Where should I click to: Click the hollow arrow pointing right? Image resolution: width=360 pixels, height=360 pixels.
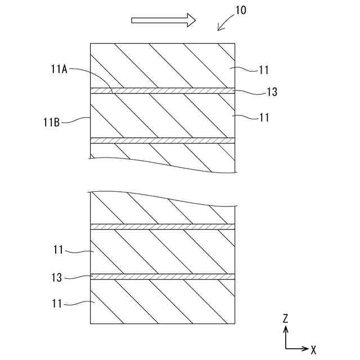(163, 20)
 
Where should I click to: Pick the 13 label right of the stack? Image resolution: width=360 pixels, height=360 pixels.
(271, 92)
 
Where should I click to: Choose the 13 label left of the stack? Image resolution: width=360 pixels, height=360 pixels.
(56, 277)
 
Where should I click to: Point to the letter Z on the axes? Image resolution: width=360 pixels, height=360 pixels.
(286, 319)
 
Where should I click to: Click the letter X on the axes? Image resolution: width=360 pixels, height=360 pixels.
(313, 349)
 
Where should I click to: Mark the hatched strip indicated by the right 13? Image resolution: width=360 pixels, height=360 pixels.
(163, 91)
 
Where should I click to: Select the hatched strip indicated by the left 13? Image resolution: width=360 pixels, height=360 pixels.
(163, 276)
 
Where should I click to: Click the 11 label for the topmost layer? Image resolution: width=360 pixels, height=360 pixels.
(264, 71)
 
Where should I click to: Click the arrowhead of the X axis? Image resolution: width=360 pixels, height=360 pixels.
(305, 348)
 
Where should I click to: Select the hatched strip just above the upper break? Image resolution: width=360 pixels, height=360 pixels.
(163, 141)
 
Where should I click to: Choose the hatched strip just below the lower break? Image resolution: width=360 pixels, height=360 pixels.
(163, 227)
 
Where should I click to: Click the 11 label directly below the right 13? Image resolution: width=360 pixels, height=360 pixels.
(264, 118)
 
